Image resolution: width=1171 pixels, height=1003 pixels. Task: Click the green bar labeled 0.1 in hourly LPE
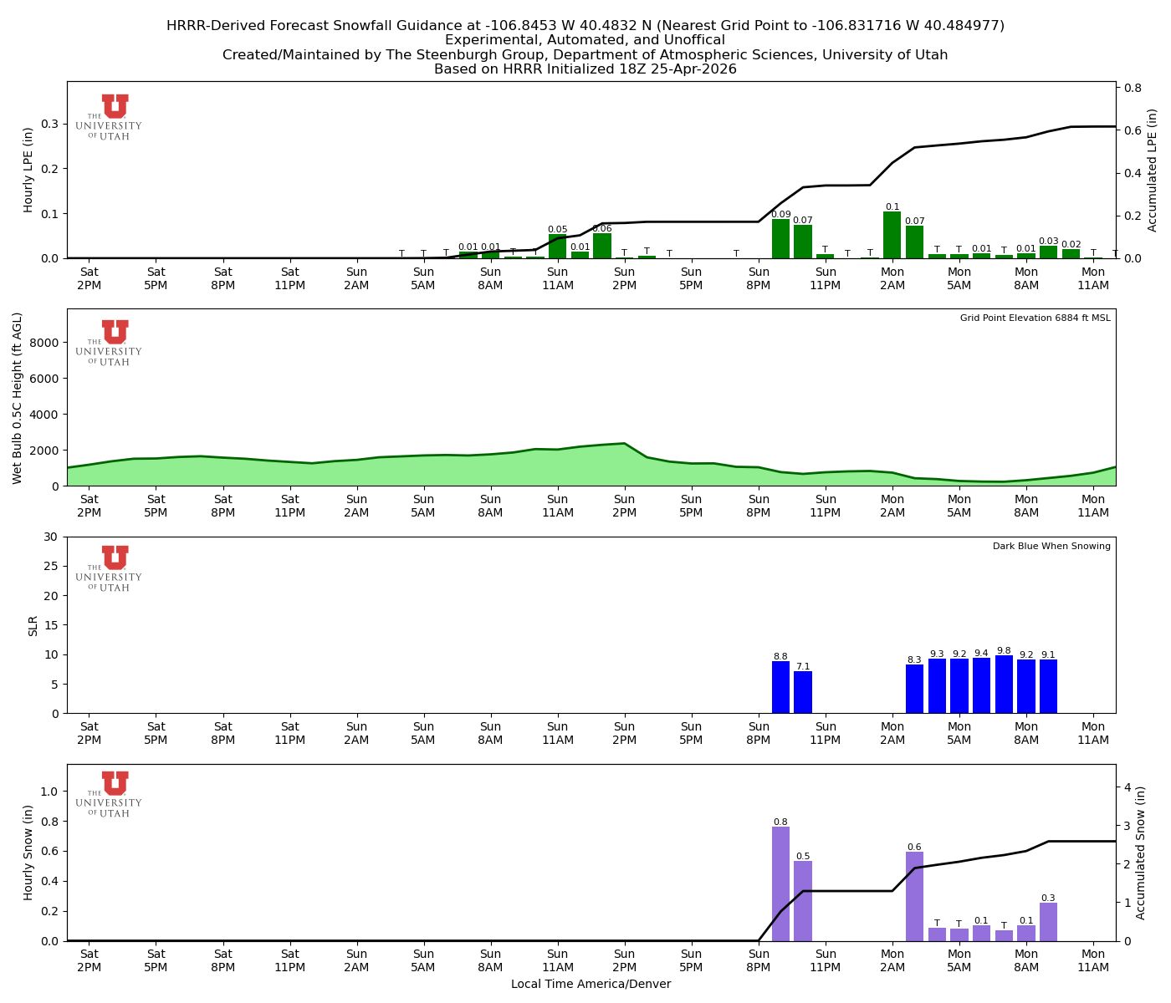coord(892,235)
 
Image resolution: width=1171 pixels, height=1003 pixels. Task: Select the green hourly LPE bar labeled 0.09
coord(780,239)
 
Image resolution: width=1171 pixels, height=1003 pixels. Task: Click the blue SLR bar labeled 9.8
coord(1004,685)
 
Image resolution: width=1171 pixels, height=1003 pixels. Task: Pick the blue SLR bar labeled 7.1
coord(803,692)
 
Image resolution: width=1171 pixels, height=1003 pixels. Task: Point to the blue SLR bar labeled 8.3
coord(914,689)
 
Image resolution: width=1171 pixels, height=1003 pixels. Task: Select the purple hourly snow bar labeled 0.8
coord(780,883)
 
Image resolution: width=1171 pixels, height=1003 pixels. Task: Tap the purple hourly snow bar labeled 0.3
coord(1048,922)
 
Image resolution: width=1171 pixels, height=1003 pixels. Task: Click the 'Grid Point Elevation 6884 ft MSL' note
coord(1035,318)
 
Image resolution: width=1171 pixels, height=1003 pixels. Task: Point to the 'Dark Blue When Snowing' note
coord(1051,547)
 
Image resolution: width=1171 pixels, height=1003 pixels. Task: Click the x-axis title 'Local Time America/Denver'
coord(591,985)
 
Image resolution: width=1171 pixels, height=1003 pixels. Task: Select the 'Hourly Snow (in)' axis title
coord(28,853)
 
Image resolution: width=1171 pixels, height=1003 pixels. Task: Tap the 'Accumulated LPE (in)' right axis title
coord(1152,170)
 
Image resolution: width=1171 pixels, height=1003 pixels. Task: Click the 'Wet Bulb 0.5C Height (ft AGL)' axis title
coord(18,398)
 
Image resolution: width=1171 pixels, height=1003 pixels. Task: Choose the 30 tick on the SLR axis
coord(52,537)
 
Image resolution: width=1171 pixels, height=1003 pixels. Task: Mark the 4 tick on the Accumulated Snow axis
coord(1128,787)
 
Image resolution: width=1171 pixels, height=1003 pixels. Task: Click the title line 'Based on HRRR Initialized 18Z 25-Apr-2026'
coord(585,69)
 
